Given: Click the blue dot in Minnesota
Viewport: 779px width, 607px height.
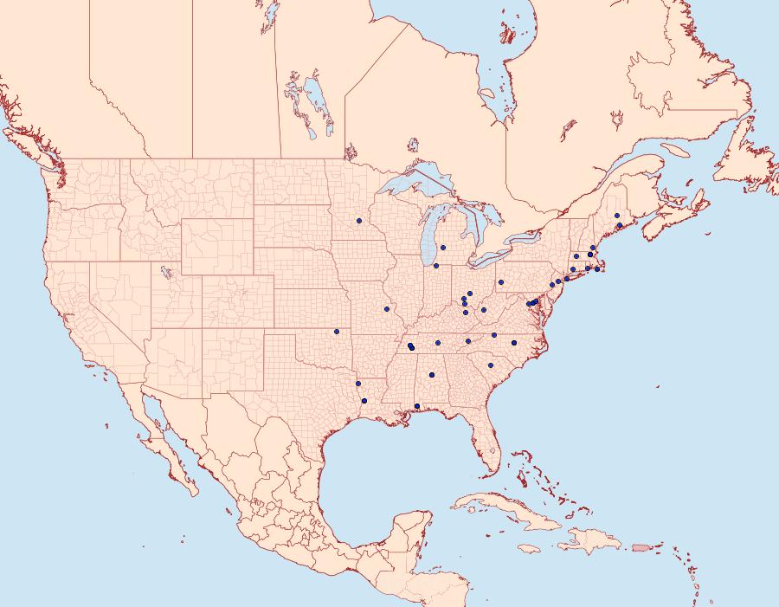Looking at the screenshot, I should [358, 221].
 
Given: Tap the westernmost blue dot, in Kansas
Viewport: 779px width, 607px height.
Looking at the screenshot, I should [337, 331].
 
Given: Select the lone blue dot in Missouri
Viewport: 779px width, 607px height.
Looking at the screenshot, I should [387, 309].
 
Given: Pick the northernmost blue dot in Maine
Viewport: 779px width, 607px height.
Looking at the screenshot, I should [617, 216].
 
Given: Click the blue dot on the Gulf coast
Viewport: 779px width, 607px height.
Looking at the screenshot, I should [417, 406].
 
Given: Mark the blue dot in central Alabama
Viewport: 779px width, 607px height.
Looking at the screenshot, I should [431, 375].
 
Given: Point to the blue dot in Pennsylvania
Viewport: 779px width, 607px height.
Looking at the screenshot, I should [501, 282].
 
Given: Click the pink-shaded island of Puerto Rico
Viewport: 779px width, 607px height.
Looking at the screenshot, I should [641, 546].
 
